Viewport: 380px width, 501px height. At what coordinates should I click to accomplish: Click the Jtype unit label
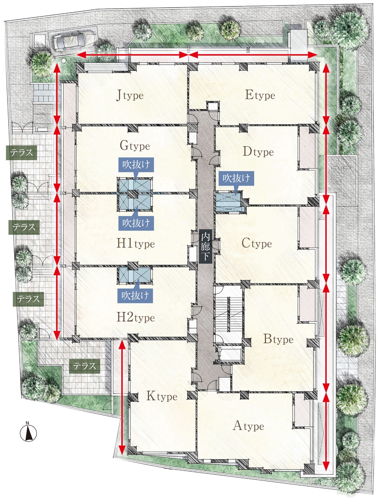(130, 95)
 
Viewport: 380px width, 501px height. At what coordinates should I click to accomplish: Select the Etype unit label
(260, 95)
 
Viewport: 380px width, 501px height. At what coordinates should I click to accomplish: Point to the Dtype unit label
(258, 151)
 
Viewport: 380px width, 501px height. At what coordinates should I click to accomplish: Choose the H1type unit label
(136, 243)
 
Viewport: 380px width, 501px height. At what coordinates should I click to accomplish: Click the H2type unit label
(136, 317)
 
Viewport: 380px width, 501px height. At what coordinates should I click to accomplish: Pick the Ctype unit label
(256, 243)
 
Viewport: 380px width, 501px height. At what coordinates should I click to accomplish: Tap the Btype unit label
(278, 339)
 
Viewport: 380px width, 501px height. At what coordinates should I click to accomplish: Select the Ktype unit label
(162, 396)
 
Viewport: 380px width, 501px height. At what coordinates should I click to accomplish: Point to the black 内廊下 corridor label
(206, 246)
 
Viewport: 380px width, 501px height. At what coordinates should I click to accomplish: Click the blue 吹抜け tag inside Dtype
(236, 178)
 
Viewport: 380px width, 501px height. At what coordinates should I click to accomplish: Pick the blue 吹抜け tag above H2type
(135, 296)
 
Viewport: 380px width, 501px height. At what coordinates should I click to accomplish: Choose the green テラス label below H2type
(84, 366)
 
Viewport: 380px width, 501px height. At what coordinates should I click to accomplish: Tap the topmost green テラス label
(22, 153)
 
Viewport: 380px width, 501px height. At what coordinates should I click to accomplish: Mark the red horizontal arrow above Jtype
(132, 55)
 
